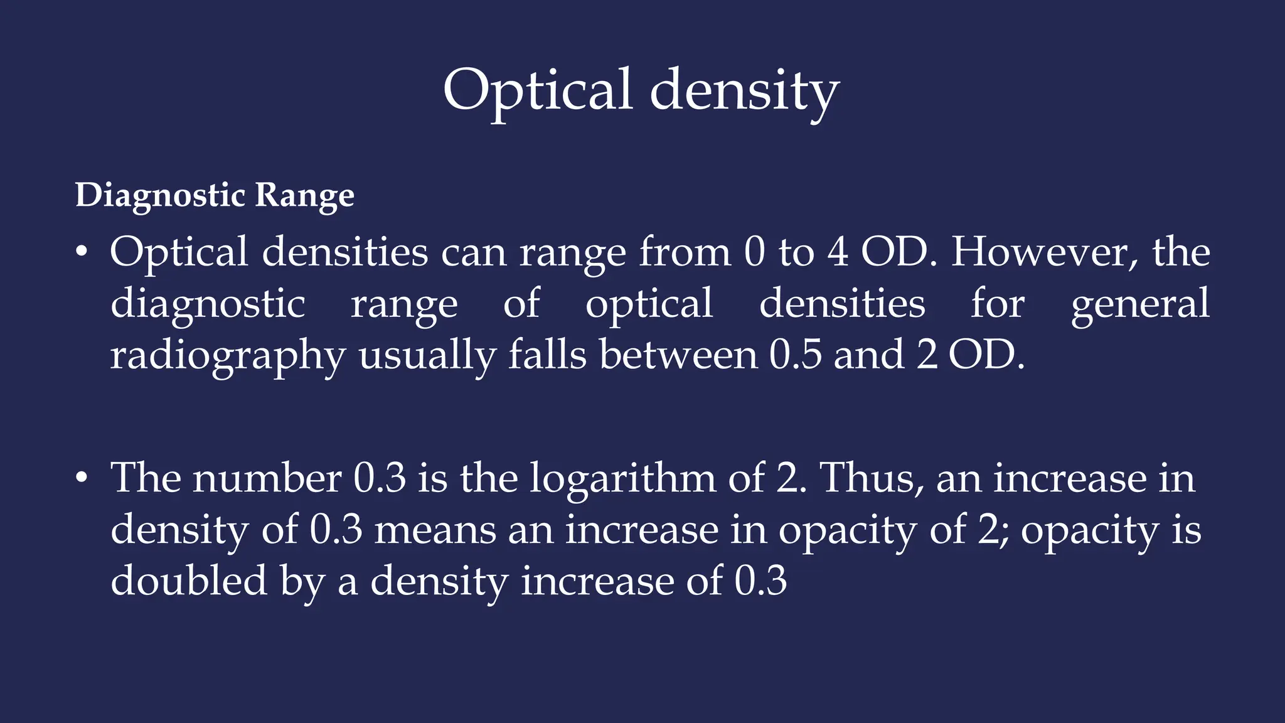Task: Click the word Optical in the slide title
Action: click(536, 91)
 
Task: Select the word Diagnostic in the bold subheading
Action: click(159, 195)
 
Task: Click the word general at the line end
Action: click(1140, 304)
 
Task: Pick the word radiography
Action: click(228, 355)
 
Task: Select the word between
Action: click(678, 355)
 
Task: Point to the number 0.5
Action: click(795, 355)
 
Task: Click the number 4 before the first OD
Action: click(838, 252)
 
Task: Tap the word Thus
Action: click(871, 478)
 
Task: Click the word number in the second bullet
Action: click(267, 478)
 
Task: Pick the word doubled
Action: click(189, 581)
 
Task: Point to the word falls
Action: click(547, 355)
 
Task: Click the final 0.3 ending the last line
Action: click(760, 581)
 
